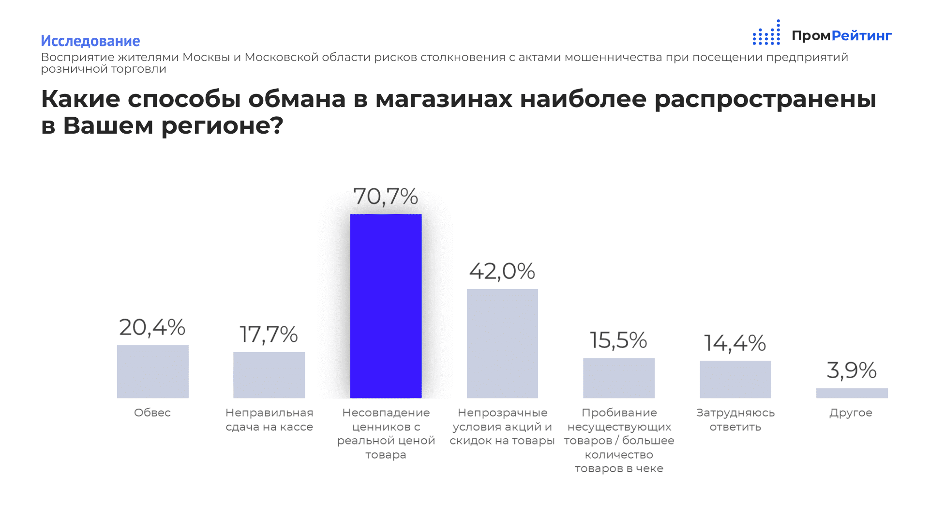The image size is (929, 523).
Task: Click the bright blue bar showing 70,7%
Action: [x=386, y=306]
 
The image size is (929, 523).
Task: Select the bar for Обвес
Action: [x=152, y=371]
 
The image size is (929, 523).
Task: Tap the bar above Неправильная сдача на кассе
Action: [x=269, y=375]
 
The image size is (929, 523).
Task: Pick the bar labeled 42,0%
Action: [x=502, y=343]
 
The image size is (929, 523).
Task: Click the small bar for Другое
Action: [x=852, y=393]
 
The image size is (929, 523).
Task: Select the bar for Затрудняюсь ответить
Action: [x=735, y=379]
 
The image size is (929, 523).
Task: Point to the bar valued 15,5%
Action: [x=619, y=378]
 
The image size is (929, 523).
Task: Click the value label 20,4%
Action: [x=152, y=327]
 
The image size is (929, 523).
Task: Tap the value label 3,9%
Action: [x=852, y=370]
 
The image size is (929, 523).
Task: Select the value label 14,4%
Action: [x=735, y=343]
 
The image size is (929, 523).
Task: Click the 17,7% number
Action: [x=269, y=335]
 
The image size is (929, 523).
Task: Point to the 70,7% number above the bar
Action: [x=386, y=197]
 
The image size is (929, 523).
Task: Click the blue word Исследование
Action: [x=90, y=41]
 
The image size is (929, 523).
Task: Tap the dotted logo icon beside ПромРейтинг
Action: [x=766, y=33]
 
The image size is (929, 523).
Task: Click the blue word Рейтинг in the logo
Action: [x=861, y=36]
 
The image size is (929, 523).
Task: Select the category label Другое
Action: [x=851, y=413]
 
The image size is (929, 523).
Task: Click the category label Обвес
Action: [x=152, y=413]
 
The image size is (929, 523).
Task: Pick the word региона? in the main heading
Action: [x=222, y=126]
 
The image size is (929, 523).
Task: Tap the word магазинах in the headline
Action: [x=444, y=99]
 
